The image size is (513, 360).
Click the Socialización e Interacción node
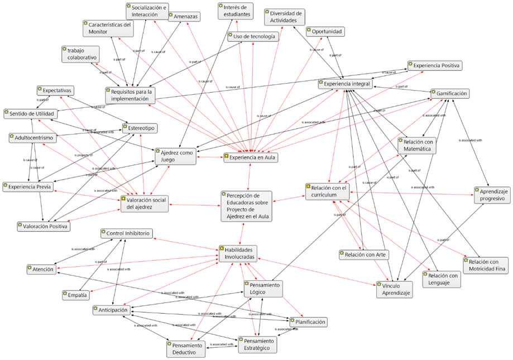coord(147,11)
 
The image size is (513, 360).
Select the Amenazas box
coord(184,17)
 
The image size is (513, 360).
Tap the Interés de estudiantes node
coord(234,11)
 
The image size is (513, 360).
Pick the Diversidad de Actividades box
coord(285,17)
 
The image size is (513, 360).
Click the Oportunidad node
coord(325,32)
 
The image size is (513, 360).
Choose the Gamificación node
coord(449,94)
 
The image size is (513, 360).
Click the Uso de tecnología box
coord(252,37)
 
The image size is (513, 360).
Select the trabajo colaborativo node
coord(80,54)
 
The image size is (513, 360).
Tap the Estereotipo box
coord(140,129)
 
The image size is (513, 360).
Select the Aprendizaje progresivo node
coord(492,195)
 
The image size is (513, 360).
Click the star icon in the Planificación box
coord(293,321)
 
